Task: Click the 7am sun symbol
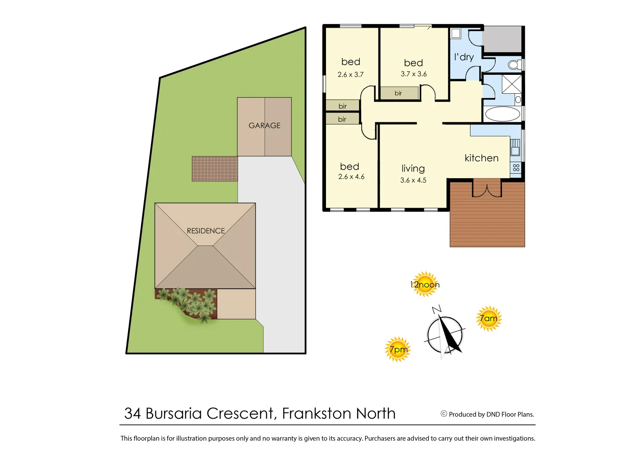click(489, 318)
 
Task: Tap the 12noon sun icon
click(425, 284)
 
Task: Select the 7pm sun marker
click(397, 349)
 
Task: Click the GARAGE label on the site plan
click(264, 125)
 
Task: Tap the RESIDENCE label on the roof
click(206, 231)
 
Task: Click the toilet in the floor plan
click(514, 65)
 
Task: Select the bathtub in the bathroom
click(502, 113)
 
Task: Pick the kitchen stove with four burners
click(516, 168)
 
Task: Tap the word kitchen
click(481, 158)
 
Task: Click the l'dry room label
click(464, 57)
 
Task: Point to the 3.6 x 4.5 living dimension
click(413, 180)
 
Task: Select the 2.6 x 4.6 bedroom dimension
click(351, 177)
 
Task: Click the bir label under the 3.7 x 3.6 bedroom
click(398, 93)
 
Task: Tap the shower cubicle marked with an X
click(512, 84)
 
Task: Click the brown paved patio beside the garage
click(215, 169)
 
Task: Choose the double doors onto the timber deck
click(487, 189)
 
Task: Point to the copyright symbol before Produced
click(444, 414)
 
